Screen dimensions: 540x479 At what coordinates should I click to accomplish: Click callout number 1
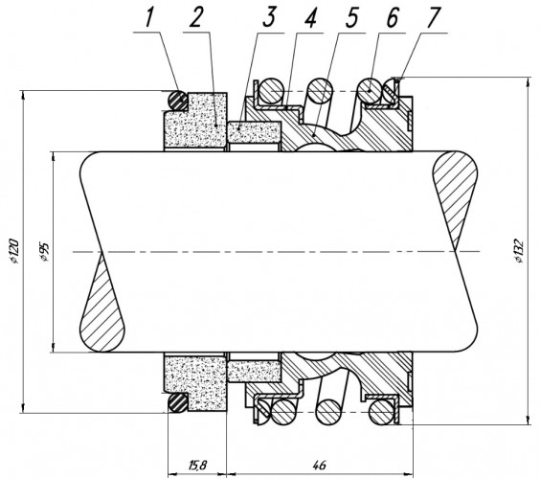click(x=148, y=18)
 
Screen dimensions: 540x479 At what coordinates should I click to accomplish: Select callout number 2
click(x=195, y=18)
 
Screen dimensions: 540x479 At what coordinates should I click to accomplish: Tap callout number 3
click(x=269, y=17)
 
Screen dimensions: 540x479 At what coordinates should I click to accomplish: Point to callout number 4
click(x=310, y=17)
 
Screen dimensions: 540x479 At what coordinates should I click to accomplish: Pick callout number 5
click(x=352, y=17)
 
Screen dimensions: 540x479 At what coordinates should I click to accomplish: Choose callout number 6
click(x=393, y=17)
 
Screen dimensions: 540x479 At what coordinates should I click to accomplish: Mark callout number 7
click(x=434, y=17)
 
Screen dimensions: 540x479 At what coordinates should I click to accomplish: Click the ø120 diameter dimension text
click(x=14, y=251)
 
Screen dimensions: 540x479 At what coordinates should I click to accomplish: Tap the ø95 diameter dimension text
click(x=45, y=252)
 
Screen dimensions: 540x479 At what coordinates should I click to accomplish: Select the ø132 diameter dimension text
click(x=519, y=251)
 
